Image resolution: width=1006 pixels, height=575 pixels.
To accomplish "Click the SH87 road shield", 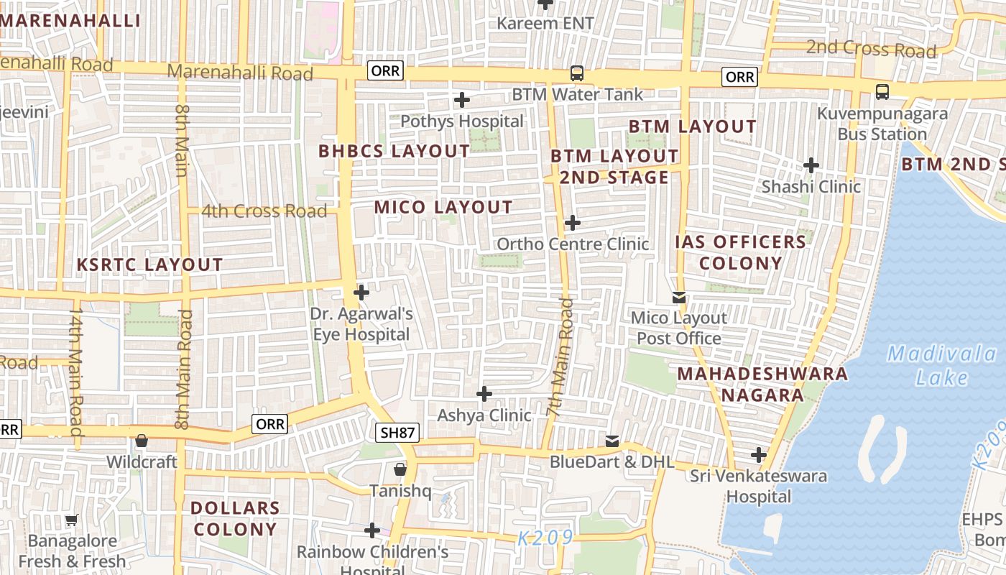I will coord(397,432).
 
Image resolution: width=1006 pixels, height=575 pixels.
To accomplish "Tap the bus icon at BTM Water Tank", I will coord(576,73).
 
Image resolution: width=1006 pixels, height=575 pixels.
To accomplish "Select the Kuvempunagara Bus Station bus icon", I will coord(882,92).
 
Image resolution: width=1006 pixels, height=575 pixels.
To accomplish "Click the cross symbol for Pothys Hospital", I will coord(462,100).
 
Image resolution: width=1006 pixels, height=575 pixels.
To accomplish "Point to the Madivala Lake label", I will coord(931,365).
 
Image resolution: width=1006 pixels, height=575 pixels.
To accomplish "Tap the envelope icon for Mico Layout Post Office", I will coord(679,297).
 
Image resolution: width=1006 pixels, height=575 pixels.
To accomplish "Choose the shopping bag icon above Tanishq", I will coord(400,469).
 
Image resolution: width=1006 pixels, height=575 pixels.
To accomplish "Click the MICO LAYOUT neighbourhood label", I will coord(443,208).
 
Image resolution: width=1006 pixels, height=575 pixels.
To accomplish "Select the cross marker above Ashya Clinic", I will coord(484,394).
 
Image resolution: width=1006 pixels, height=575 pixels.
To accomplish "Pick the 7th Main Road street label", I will coord(561,357).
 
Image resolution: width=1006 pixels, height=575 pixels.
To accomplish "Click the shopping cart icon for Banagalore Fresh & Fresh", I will coord(71,520).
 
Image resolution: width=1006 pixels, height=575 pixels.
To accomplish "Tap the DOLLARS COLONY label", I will coord(234,518).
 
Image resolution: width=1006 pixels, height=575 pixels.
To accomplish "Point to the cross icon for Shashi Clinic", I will coord(811,165).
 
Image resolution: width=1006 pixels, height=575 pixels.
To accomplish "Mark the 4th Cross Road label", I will coord(264,211).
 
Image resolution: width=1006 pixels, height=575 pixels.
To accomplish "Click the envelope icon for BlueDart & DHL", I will coord(612,441).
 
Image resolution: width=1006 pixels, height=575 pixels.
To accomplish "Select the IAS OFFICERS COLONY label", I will coord(740,252).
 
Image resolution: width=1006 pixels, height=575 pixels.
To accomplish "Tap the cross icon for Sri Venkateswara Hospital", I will coord(759,455).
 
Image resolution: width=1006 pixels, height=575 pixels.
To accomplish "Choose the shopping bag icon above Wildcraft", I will coord(142,441).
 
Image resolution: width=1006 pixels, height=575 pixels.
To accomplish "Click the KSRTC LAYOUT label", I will coord(150,264).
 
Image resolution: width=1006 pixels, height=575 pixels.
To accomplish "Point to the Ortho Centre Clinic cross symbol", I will coord(572,223).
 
